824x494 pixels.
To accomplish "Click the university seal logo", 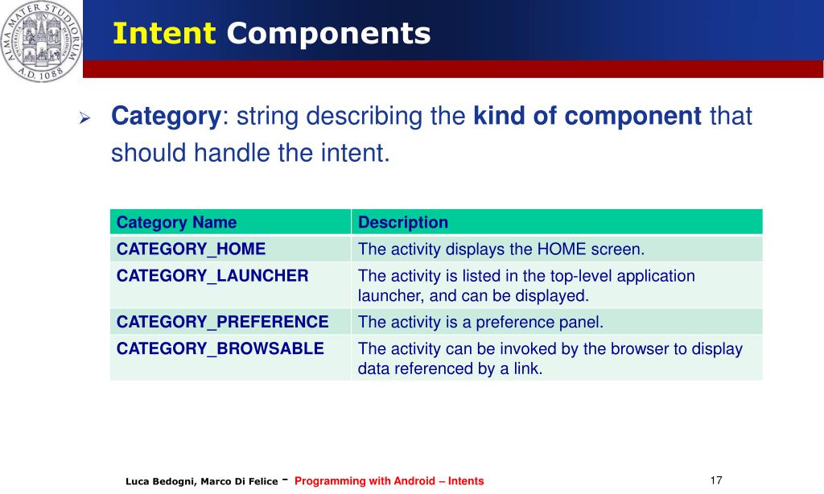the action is coord(41,41).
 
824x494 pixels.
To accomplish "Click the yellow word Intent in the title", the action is coord(164,33).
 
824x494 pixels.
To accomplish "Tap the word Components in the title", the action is coord(328,35).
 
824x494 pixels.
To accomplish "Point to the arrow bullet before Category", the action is coord(84,117).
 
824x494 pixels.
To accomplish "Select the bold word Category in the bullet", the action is coord(166,117).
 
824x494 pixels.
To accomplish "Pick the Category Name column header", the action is coord(176,222).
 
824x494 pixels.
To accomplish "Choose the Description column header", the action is coord(403,222).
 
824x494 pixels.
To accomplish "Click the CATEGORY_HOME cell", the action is coord(192,249).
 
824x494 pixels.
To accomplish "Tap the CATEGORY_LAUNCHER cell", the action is coord(212,276).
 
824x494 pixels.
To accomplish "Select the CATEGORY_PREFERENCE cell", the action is coord(222,322).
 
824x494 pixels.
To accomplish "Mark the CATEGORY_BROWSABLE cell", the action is coord(220,348).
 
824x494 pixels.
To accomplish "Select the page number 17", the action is coord(716,480).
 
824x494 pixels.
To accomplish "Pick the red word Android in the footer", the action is coord(414,481).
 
